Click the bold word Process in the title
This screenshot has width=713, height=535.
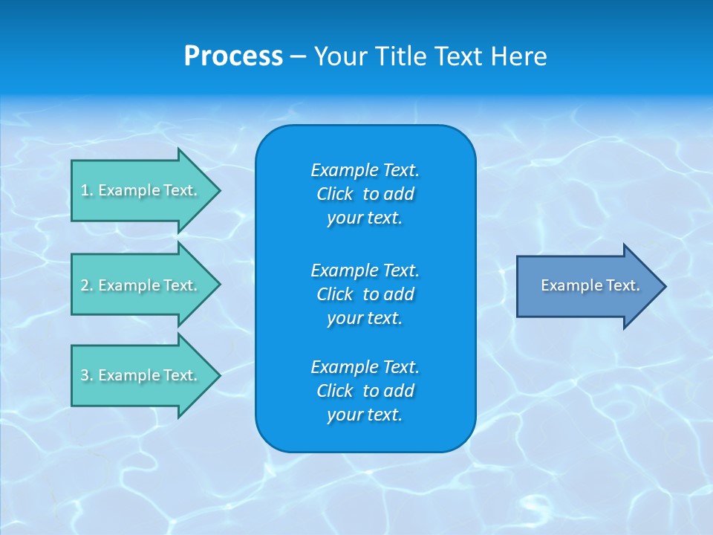[233, 56]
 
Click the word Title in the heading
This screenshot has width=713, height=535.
[400, 56]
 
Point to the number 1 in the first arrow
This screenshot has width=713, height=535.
[85, 190]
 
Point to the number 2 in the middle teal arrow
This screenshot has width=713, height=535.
[85, 285]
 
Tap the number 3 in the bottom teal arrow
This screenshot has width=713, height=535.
[85, 375]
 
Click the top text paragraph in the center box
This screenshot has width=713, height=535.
[365, 194]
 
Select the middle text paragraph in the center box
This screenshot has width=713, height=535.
[365, 294]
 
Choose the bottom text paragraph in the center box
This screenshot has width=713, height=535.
[365, 391]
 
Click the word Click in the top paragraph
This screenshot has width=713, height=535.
[334, 194]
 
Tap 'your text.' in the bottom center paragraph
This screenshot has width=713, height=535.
[365, 415]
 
